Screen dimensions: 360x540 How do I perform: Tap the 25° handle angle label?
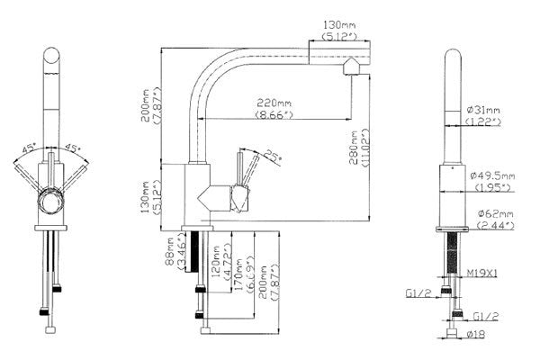271,157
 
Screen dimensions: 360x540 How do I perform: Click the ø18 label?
476,333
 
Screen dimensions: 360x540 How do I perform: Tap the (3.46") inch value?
183,256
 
